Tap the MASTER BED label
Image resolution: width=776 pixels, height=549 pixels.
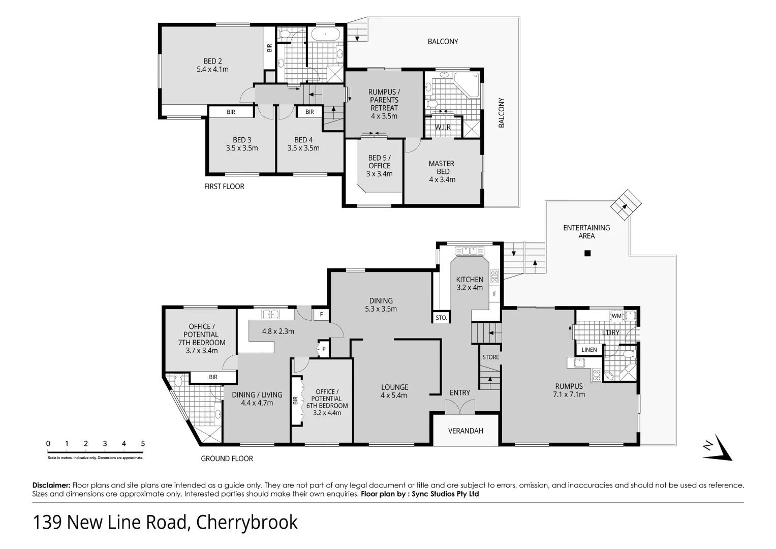coord(441,171)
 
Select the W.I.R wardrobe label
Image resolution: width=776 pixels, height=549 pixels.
coord(443,127)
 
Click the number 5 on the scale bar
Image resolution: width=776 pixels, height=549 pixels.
coord(143,444)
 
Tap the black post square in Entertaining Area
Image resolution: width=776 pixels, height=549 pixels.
coord(587,253)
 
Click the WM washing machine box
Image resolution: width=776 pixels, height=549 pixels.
coord(616,316)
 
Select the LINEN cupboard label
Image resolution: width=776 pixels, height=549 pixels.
coord(589,350)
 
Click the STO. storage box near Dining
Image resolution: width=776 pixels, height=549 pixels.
coord(441,318)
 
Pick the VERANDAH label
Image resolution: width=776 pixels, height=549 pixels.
coord(465,431)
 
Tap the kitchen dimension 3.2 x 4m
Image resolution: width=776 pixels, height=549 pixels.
coord(470,288)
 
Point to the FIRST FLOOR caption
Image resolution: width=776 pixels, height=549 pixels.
coord(224,187)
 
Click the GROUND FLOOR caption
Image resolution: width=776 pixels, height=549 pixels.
coord(227,459)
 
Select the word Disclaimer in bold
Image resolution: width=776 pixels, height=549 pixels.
coord(51,485)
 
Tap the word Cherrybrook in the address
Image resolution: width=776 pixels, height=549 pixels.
coord(247,523)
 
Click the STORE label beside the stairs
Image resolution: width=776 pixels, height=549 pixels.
coord(490,357)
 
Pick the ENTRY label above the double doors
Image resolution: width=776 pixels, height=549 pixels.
coord(459,392)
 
